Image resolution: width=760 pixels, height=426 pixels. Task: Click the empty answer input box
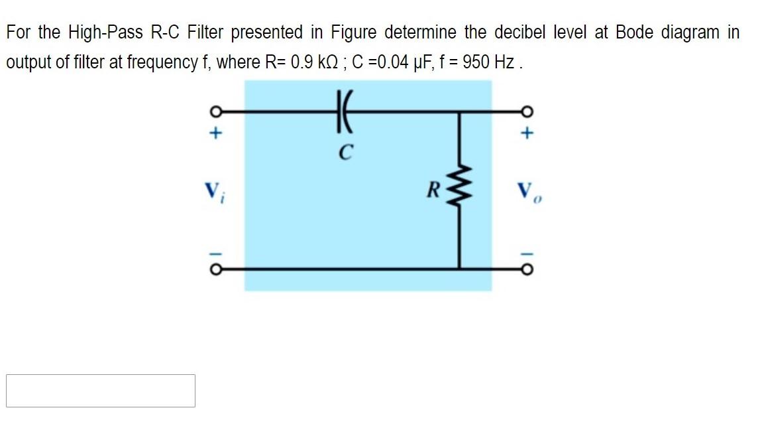[101, 391]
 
